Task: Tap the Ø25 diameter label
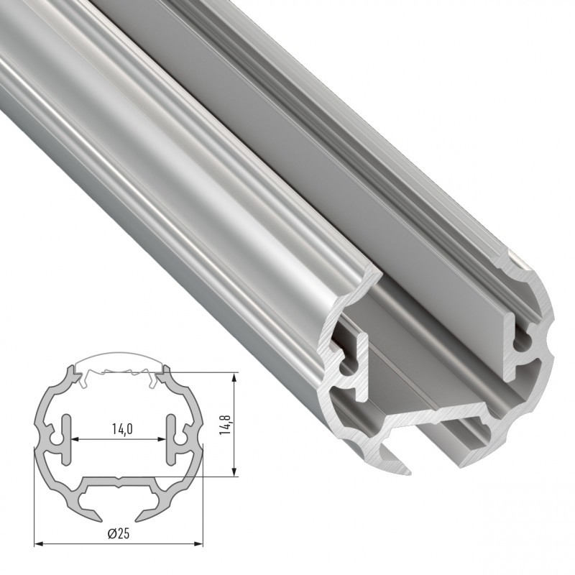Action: (119, 533)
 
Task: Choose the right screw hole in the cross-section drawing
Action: (185, 438)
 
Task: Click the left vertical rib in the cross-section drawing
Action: (68, 438)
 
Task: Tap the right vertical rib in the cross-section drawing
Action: (172, 438)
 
